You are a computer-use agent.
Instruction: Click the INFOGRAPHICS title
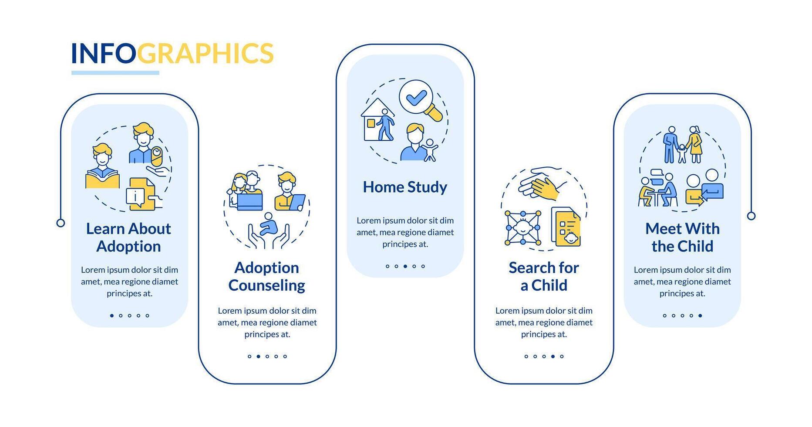(172, 53)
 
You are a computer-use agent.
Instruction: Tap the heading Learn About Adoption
(128, 237)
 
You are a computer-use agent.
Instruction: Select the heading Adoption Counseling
(266, 276)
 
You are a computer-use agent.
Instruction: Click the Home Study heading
(405, 187)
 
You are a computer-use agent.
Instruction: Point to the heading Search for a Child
(544, 276)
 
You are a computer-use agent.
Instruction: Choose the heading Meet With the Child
(682, 237)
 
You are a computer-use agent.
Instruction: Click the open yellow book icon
(102, 179)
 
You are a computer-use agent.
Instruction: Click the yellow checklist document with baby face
(566, 227)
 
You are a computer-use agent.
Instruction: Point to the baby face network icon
(523, 228)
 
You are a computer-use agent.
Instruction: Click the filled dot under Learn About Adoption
(112, 315)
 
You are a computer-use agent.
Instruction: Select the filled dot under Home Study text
(405, 266)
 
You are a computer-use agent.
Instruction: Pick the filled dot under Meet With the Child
(700, 315)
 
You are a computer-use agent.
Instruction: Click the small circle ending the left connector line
(61, 223)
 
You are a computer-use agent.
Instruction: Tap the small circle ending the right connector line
(751, 216)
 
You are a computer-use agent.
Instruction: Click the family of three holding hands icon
(682, 145)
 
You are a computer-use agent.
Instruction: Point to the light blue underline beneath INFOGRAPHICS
(115, 73)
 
